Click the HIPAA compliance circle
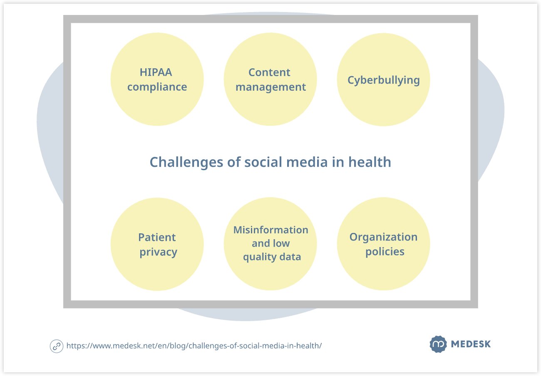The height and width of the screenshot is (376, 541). pos(157,79)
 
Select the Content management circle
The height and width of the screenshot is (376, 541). pos(270,79)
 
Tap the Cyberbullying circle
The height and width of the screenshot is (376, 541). pos(384,79)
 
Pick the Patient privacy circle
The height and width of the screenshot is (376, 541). pos(157,244)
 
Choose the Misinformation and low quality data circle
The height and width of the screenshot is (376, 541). pos(270,244)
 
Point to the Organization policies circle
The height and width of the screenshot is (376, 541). pos(384,244)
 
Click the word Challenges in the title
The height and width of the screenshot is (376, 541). pos(186,162)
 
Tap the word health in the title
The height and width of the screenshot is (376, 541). pos(370,162)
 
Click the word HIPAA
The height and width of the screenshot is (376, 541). pos(156,72)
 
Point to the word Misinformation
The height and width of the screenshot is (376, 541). pos(271,230)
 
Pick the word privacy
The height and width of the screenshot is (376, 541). pos(159,252)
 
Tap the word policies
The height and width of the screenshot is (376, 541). pos(385,252)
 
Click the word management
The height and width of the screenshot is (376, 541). pos(271,87)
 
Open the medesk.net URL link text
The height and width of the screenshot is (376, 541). pos(194,346)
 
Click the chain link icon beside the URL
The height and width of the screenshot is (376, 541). pos(57,346)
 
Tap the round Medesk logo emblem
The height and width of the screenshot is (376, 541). pos(438,344)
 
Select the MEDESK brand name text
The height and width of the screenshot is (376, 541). pos(471,344)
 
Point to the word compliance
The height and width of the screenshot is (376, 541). pos(157,87)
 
